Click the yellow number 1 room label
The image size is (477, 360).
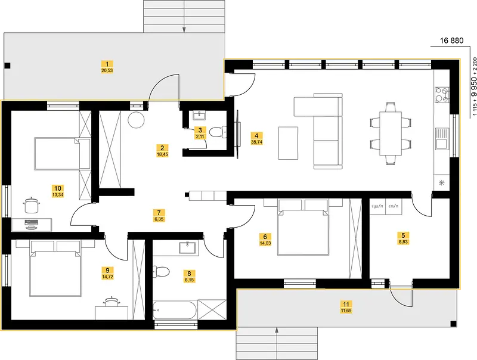tap(107, 64)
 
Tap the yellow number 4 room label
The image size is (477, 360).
tap(256, 135)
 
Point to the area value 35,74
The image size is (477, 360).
tap(256, 143)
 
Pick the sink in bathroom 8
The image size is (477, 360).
tap(187, 246)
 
